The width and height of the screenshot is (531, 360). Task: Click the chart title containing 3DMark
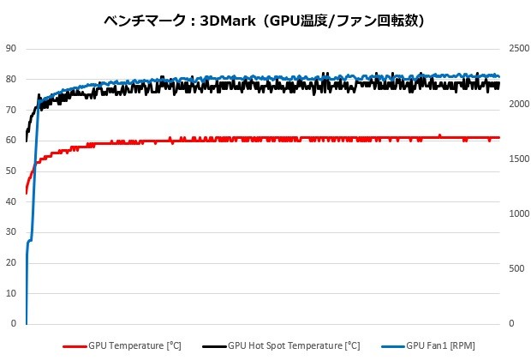click(265, 21)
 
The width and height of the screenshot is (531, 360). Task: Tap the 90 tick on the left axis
click(10, 49)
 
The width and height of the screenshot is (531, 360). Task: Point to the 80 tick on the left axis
click(10, 79)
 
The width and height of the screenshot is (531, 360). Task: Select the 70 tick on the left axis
click(10, 110)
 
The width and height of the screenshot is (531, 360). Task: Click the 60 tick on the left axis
click(10, 141)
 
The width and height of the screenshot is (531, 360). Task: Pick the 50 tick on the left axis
click(10, 171)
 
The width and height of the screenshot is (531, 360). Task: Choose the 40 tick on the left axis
click(10, 201)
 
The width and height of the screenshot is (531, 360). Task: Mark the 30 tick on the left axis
click(10, 232)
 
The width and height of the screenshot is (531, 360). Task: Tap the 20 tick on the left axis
click(10, 263)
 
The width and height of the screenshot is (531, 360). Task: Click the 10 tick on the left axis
click(10, 294)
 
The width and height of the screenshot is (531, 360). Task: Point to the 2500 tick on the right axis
click(517, 49)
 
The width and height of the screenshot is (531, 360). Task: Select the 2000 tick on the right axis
click(517, 104)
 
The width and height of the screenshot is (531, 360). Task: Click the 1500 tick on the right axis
click(517, 159)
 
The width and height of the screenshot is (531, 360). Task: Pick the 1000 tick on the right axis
click(517, 214)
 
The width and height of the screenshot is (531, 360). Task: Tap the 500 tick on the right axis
click(516, 269)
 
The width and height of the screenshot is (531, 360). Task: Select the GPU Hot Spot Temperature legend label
click(294, 346)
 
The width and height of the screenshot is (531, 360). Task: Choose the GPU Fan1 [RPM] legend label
click(442, 346)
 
